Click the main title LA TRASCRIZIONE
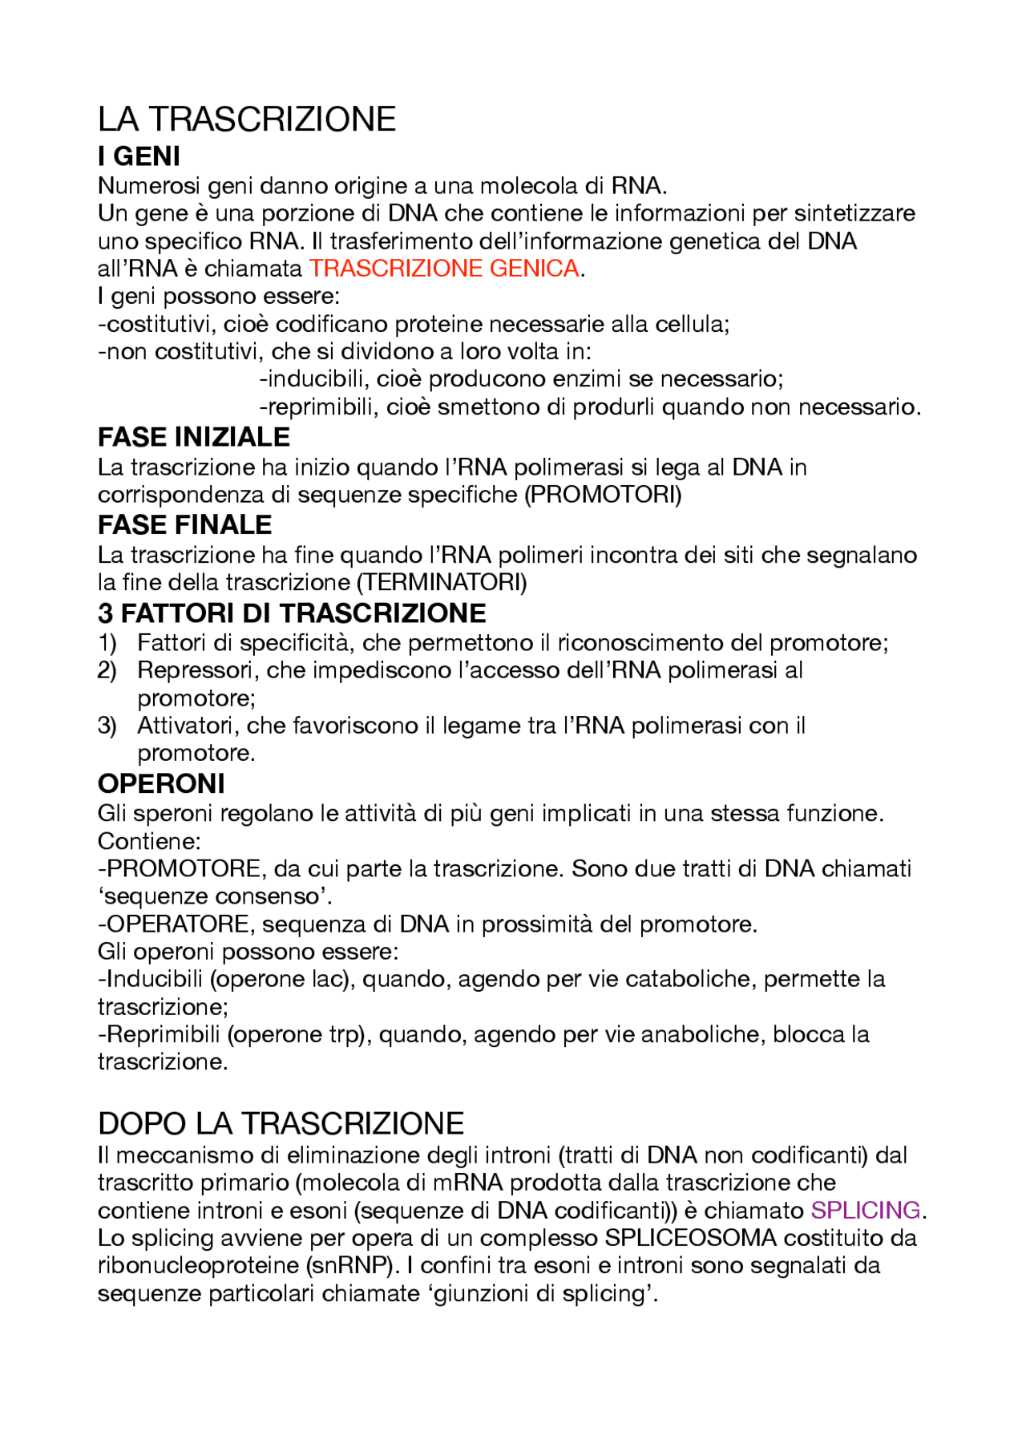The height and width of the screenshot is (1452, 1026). pyautogui.click(x=247, y=119)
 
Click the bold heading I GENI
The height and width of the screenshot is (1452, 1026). pyautogui.click(x=139, y=156)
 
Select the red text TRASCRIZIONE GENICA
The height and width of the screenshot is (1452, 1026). pyautogui.click(x=444, y=269)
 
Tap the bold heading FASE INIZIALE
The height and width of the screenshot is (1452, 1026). pyautogui.click(x=193, y=437)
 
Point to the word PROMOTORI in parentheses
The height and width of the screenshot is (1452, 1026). pyautogui.click(x=603, y=495)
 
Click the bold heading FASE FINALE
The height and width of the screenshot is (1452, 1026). pyautogui.click(x=184, y=524)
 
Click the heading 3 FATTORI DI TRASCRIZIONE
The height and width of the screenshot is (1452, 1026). pyautogui.click(x=292, y=613)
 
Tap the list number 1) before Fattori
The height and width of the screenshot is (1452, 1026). pyautogui.click(x=107, y=643)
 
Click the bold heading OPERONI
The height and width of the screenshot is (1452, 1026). pyautogui.click(x=161, y=783)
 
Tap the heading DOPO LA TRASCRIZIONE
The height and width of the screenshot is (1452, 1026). pyautogui.click(x=281, y=1124)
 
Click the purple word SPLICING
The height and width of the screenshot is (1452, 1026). pyautogui.click(x=865, y=1210)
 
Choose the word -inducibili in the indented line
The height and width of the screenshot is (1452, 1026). pyautogui.click(x=311, y=378)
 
